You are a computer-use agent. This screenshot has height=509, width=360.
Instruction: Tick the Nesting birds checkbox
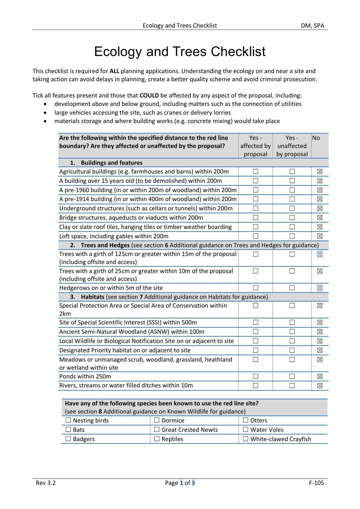(68, 420)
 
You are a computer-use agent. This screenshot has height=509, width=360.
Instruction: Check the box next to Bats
(68, 429)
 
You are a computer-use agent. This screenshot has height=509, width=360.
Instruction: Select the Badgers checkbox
(68, 439)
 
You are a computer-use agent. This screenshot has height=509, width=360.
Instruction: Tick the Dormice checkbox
(157, 420)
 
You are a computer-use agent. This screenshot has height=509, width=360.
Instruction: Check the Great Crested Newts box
(157, 429)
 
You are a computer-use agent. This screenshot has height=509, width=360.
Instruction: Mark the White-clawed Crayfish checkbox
(245, 439)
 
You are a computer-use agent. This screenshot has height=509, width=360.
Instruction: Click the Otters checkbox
(245, 420)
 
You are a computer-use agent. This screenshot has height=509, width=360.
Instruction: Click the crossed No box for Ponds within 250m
(320, 376)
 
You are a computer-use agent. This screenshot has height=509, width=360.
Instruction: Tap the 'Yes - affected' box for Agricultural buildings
(256, 171)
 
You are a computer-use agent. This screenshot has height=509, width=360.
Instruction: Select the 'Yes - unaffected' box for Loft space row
(292, 236)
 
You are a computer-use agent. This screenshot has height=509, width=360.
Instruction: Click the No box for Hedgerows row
(320, 288)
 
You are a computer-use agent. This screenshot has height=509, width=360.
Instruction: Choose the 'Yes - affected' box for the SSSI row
(256, 322)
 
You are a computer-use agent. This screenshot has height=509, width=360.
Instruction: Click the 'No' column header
(316, 138)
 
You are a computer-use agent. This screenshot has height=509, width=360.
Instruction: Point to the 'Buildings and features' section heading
(111, 163)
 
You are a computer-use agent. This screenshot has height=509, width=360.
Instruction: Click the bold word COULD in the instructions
(149, 95)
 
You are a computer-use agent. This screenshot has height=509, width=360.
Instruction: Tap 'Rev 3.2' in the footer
(46, 483)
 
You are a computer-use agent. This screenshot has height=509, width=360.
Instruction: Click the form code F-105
(316, 483)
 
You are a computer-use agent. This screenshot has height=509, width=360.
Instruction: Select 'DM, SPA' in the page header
(313, 25)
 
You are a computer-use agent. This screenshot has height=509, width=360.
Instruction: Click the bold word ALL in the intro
(114, 71)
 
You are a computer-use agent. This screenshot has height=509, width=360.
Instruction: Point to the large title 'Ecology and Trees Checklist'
(180, 52)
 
